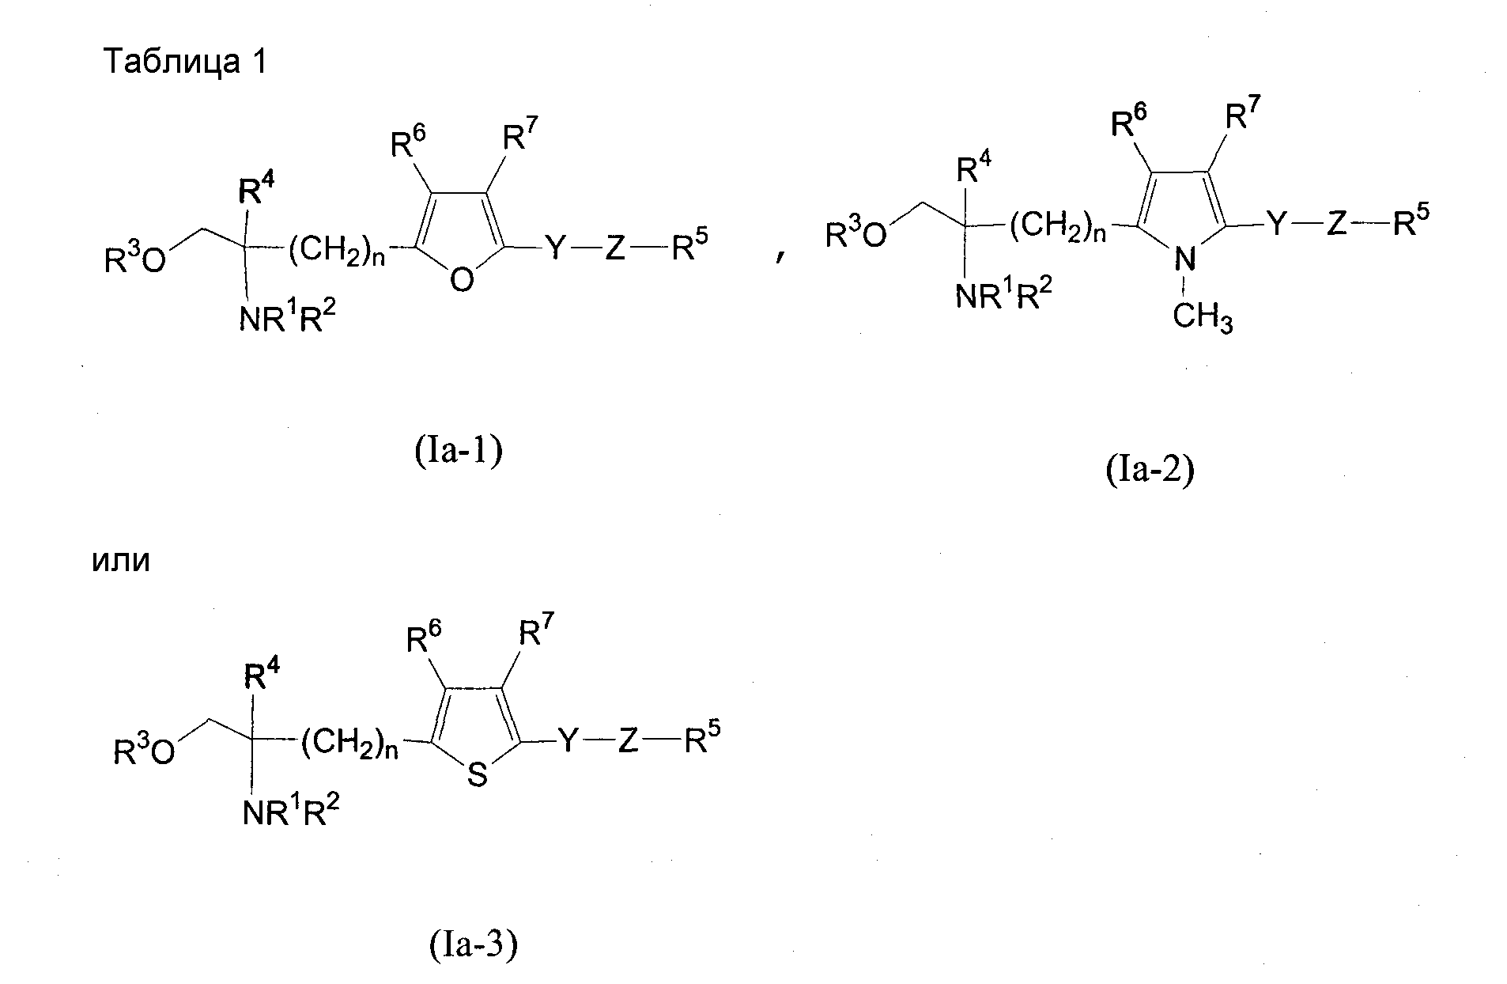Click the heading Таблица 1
point(187,62)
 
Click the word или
point(121,562)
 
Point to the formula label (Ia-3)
point(474,944)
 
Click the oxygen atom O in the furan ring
point(462,279)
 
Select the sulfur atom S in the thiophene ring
point(477,775)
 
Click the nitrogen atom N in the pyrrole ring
point(1184,259)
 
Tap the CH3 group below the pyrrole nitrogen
point(1203,318)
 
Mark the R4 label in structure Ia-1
point(255,190)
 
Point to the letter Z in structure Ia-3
point(628,741)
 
